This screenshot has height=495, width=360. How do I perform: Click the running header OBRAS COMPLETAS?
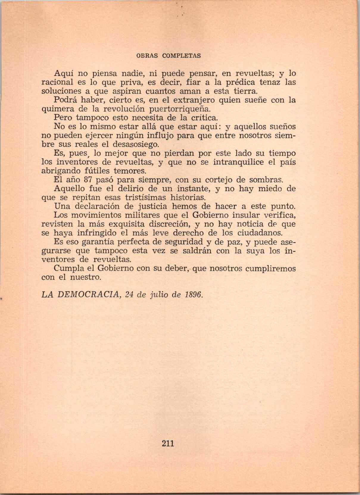click(168, 56)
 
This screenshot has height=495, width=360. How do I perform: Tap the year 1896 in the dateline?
click(194, 295)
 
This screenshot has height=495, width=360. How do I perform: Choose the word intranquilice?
click(239, 162)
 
